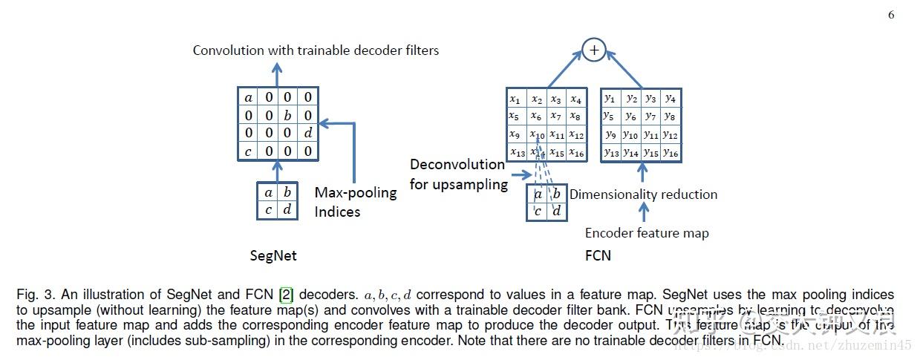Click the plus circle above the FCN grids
(x=593, y=50)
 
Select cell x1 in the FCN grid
(x=515, y=99)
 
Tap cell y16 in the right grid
(x=671, y=153)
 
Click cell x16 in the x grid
(x=576, y=153)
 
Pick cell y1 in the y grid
(x=610, y=98)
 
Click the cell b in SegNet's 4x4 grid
(x=287, y=116)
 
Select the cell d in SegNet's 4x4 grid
(x=307, y=134)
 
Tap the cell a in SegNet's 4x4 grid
(x=248, y=97)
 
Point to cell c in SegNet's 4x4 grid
(x=248, y=151)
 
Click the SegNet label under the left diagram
(x=273, y=256)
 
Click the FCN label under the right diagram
(x=598, y=256)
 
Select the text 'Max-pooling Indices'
(x=356, y=202)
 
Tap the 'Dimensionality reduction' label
(x=643, y=194)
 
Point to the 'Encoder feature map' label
(x=647, y=233)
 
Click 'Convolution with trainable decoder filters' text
(x=316, y=50)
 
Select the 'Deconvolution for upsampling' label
(x=459, y=174)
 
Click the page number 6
(x=891, y=16)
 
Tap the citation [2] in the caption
(x=263, y=295)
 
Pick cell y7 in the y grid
(x=650, y=117)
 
